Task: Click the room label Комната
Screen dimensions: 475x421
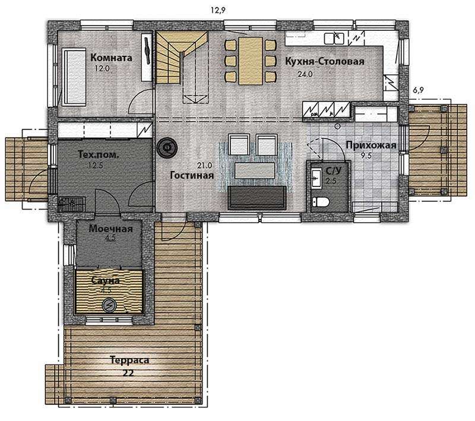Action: (x=112, y=58)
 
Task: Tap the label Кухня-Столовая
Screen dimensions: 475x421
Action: (x=325, y=61)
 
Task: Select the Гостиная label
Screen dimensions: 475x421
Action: (x=192, y=175)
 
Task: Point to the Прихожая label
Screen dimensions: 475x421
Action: (x=371, y=145)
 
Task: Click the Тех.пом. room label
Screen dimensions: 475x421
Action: (x=99, y=154)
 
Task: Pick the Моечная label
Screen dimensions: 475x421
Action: (x=110, y=229)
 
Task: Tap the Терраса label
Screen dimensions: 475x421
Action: (x=129, y=360)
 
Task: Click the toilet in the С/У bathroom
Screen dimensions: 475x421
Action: (x=321, y=201)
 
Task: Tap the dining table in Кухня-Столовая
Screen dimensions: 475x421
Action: (x=251, y=61)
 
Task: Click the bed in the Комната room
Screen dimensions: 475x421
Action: (x=75, y=77)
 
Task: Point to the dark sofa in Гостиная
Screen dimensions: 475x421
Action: (x=257, y=198)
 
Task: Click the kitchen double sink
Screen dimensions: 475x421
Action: (x=334, y=38)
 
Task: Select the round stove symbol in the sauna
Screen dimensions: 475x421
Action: (x=108, y=305)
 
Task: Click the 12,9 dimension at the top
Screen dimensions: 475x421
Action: (x=218, y=11)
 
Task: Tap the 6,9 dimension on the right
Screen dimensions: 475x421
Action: (x=418, y=90)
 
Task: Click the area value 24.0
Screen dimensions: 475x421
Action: (x=305, y=74)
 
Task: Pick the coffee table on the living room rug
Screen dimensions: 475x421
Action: (x=255, y=170)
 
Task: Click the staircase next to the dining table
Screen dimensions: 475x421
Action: (x=182, y=67)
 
